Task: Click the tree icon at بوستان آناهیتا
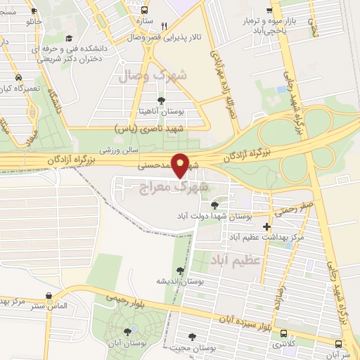click(x=162, y=101)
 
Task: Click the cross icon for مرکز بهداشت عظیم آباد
click(x=266, y=226)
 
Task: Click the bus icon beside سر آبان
click(x=340, y=344)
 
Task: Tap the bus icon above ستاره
click(x=145, y=11)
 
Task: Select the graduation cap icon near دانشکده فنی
click(x=68, y=39)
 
